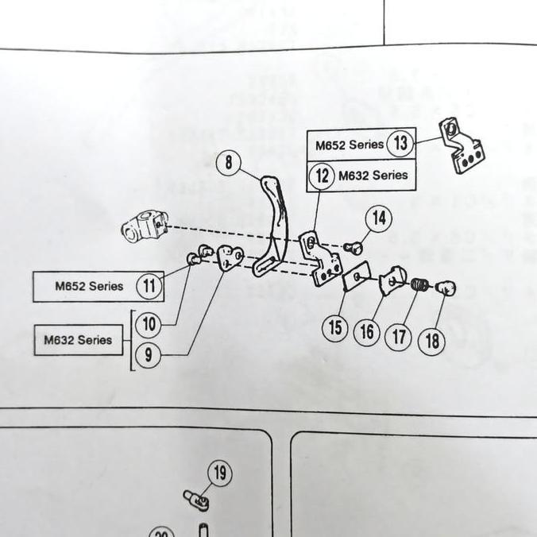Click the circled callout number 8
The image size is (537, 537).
click(x=229, y=164)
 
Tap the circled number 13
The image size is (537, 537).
click(x=401, y=144)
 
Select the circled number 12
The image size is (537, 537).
click(x=322, y=176)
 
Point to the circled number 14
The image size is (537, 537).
click(x=380, y=218)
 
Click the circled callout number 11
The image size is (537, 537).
click(x=149, y=285)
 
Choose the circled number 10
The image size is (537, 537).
click(x=149, y=324)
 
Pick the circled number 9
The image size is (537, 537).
click(x=149, y=355)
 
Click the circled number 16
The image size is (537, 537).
click(x=367, y=330)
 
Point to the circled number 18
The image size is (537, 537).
click(x=431, y=342)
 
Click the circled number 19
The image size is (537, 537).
click(x=220, y=474)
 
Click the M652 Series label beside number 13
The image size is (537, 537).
click(x=350, y=145)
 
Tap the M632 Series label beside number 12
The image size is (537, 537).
click(x=373, y=175)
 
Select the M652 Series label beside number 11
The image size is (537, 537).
click(x=89, y=286)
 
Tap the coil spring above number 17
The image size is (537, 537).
click(x=420, y=284)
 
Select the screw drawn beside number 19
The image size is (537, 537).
click(x=195, y=500)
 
